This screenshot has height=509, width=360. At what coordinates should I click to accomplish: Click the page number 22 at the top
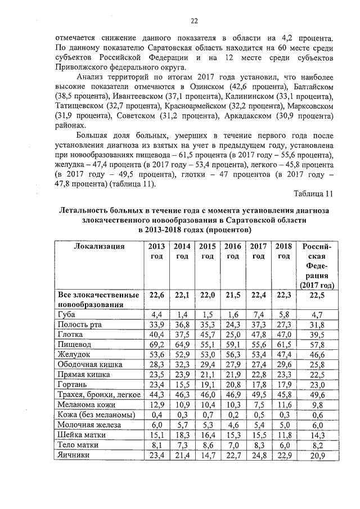193,21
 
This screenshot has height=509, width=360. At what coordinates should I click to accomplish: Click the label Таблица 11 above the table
314,194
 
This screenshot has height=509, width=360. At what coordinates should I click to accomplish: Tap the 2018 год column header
284,251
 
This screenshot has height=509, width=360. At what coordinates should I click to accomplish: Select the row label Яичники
74,455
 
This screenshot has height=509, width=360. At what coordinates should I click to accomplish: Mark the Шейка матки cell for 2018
284,435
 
